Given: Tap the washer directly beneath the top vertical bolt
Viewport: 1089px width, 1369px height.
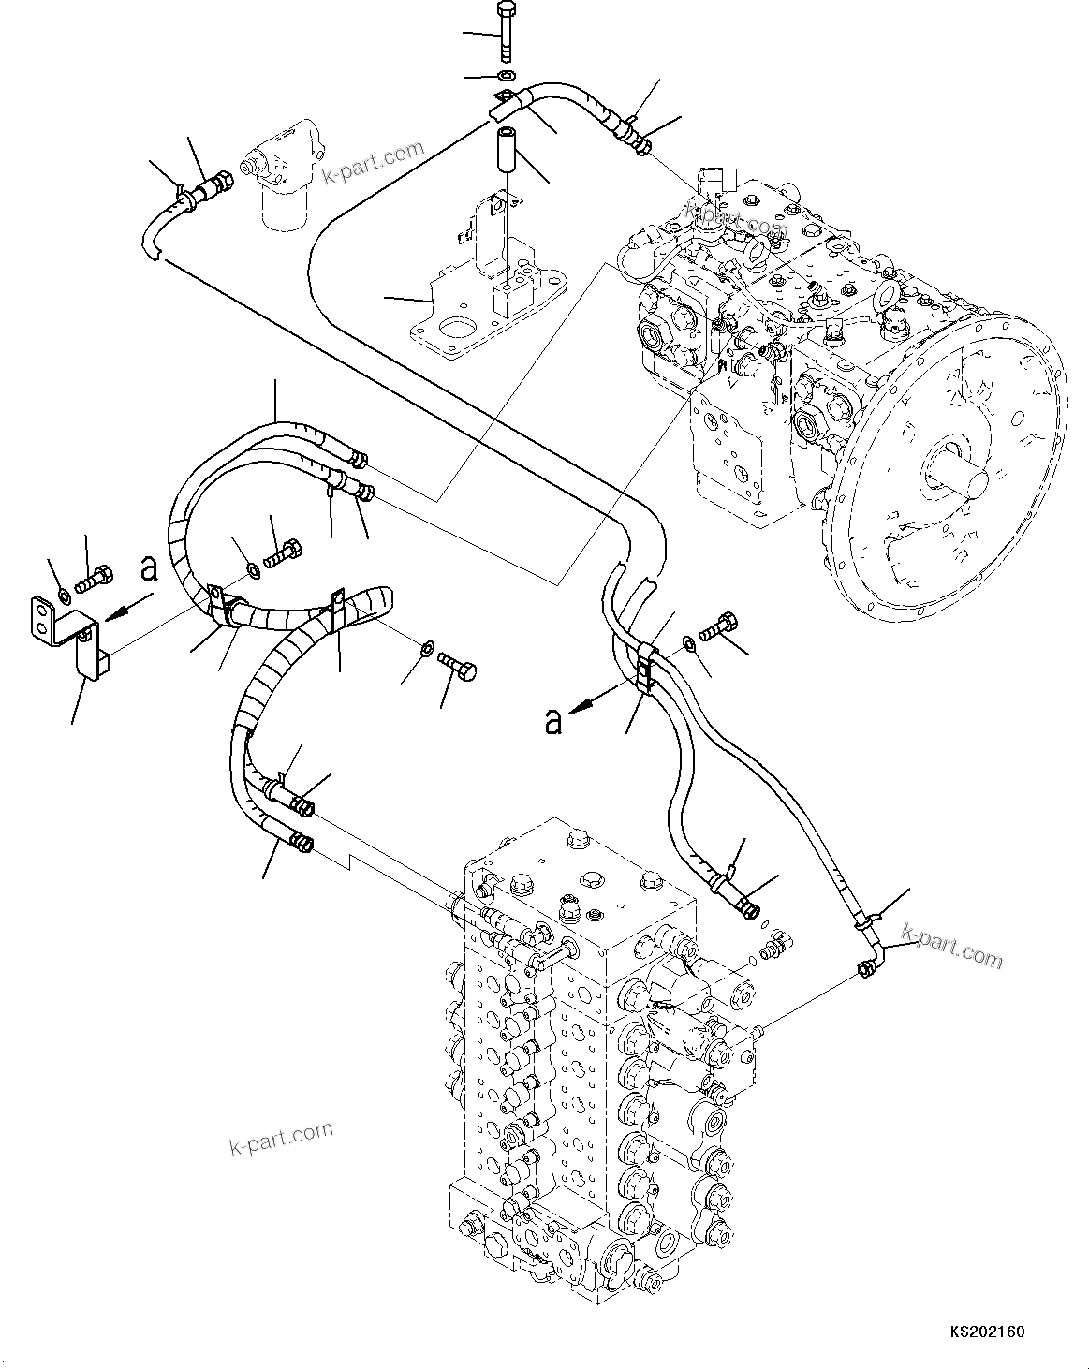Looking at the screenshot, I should pos(507,75).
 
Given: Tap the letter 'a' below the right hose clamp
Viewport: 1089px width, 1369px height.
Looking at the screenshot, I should pos(554,721).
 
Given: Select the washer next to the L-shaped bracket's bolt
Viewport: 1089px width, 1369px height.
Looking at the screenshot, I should pos(63,596).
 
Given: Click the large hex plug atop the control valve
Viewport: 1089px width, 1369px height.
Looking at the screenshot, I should pos(592,879).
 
